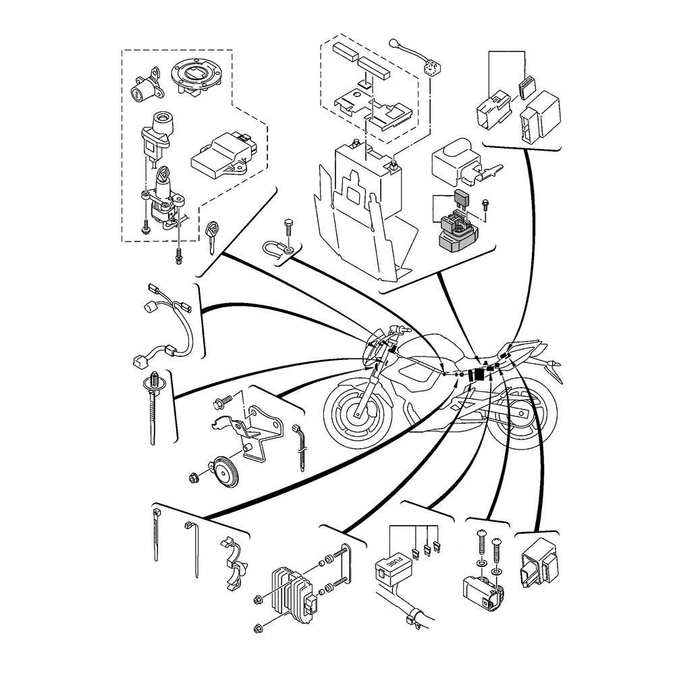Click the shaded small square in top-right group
tap(525, 87)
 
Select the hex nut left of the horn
tap(194, 479)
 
